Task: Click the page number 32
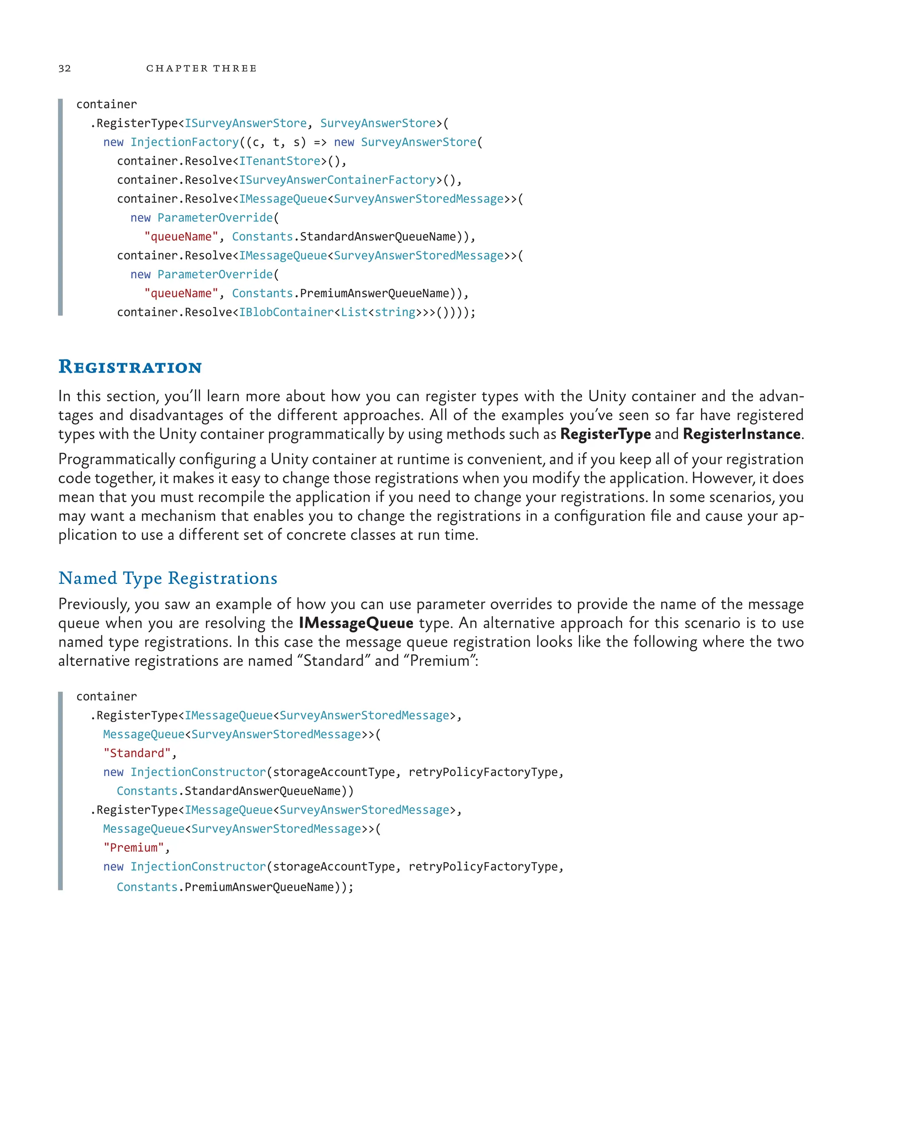point(65,68)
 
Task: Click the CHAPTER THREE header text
point(202,68)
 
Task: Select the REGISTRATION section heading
point(130,367)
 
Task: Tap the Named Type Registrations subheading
point(168,578)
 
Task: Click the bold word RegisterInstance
point(741,434)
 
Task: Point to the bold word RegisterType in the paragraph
point(605,434)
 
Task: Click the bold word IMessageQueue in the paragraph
point(356,623)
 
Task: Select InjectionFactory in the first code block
point(185,142)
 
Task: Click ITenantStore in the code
point(280,161)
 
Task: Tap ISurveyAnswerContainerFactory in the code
point(337,180)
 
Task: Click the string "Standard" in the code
point(137,753)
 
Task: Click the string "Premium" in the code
point(134,848)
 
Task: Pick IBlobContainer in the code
point(286,312)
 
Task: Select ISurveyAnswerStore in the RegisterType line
point(245,123)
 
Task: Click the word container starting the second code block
point(106,696)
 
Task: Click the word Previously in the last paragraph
point(93,604)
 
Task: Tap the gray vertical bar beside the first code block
point(61,207)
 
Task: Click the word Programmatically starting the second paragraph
point(116,459)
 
